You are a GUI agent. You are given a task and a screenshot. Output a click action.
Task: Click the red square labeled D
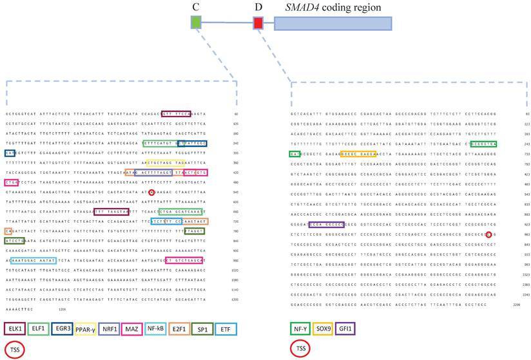pos(258,23)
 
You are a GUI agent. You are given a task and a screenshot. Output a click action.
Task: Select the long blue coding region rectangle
pos(333,23)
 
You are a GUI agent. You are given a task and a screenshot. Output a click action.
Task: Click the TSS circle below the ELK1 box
pos(15,350)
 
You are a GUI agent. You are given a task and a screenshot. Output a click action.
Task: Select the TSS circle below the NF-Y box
pos(300,350)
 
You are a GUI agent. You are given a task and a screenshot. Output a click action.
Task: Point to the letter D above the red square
pos(258,8)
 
